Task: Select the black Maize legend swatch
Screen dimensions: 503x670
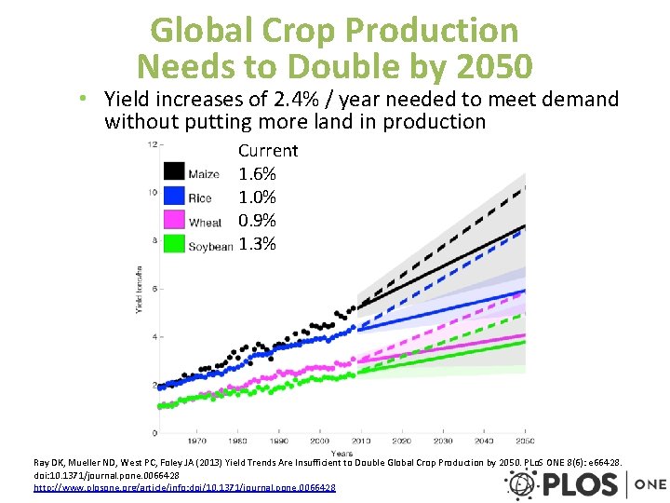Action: coord(174,171)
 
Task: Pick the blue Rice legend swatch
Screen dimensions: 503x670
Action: coord(174,196)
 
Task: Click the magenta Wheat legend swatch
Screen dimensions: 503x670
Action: coord(174,220)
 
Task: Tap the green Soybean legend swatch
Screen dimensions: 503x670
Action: coord(174,244)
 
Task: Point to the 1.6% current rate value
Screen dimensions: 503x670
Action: coord(258,174)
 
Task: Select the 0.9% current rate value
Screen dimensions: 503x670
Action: coord(258,221)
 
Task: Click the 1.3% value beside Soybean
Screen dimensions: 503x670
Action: coord(258,244)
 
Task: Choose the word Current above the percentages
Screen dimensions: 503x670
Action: coord(268,151)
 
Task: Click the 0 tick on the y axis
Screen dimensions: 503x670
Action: coord(154,433)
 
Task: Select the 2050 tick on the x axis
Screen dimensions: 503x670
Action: coord(525,441)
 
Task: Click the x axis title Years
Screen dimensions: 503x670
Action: coord(343,454)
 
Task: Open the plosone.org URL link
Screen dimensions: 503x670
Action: coord(184,487)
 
